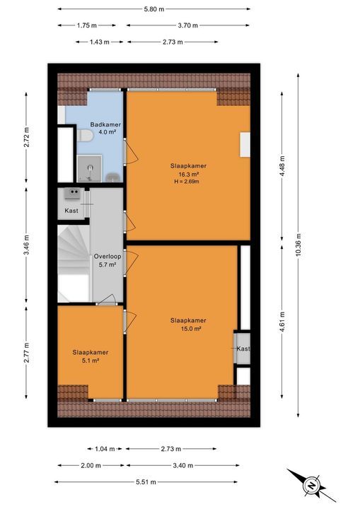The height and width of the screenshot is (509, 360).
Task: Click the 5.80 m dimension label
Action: pos(153,9)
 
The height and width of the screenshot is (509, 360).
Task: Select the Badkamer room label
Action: pos(105,124)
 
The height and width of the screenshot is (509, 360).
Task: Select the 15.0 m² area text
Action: pos(188,328)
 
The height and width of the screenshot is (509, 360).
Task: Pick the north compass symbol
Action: pos(310,486)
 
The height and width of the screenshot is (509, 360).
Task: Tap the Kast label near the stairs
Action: pos(71,211)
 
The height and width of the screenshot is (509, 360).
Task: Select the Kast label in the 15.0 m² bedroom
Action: pos(243,349)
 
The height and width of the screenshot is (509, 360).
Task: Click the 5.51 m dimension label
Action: pos(152,483)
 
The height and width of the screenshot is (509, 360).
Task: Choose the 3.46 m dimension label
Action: pos(27,250)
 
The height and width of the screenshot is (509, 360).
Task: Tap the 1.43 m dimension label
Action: pos(99,42)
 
